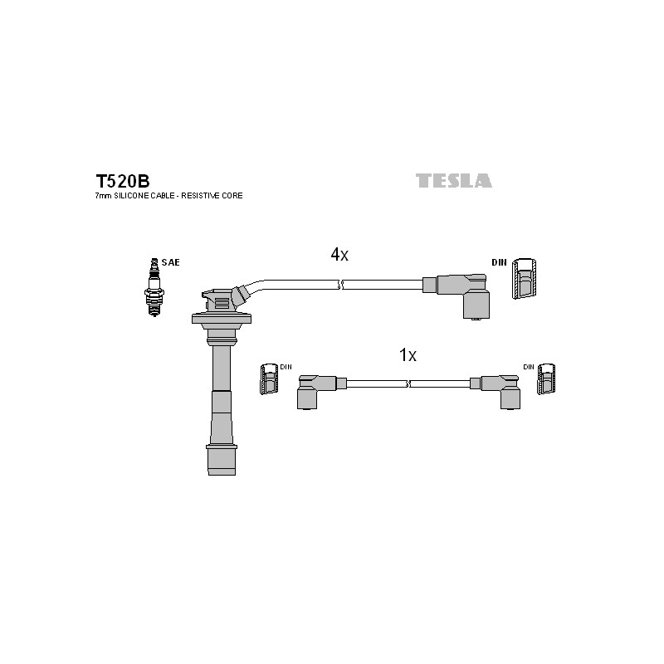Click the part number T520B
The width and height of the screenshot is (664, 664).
pyautogui.click(x=122, y=181)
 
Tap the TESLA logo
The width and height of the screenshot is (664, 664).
pyautogui.click(x=453, y=181)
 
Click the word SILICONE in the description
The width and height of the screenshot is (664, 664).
pyautogui.click(x=131, y=196)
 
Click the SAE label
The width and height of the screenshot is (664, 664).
pyautogui.click(x=171, y=262)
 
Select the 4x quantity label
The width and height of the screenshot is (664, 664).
pyautogui.click(x=339, y=255)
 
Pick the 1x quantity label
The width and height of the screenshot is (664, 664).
pyautogui.click(x=408, y=355)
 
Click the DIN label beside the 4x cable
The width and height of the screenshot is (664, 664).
pyautogui.click(x=499, y=262)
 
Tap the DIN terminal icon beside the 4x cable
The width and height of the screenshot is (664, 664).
pyautogui.click(x=524, y=279)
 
